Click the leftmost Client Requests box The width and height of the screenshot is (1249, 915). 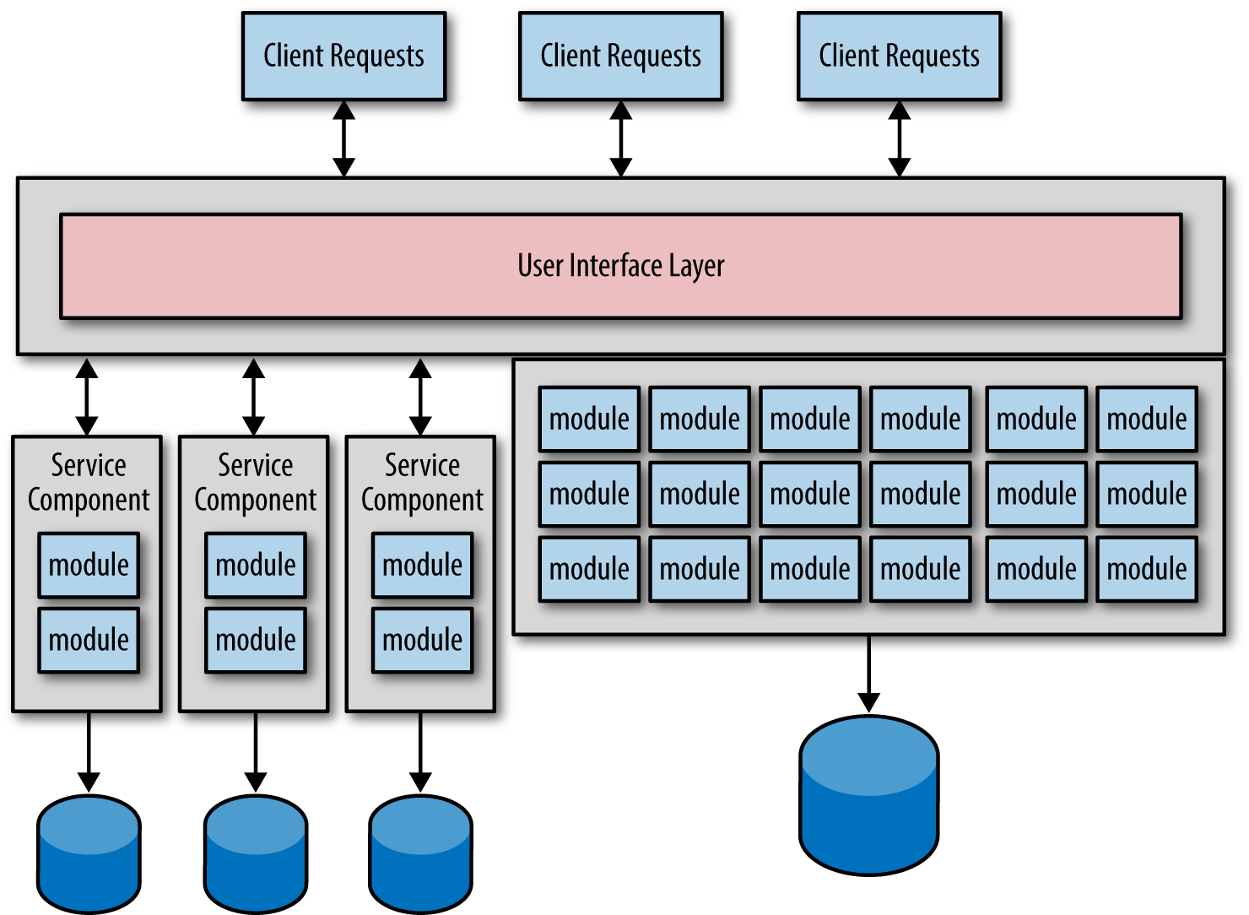pyautogui.click(x=343, y=57)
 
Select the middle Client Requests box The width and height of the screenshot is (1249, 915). pyautogui.click(x=620, y=57)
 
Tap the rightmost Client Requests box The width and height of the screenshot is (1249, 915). pyautogui.click(x=899, y=57)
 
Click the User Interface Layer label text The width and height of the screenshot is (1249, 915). pyautogui.click(x=620, y=265)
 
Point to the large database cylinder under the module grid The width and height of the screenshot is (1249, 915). pyautogui.click(x=868, y=795)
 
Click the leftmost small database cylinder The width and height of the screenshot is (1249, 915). pyautogui.click(x=89, y=854)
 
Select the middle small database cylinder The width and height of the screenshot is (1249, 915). pyautogui.click(x=256, y=854)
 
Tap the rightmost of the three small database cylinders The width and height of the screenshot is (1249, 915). pyautogui.click(x=420, y=854)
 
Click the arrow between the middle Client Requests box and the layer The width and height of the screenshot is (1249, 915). pyautogui.click(x=620, y=138)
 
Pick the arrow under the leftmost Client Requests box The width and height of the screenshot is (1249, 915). pyautogui.click(x=343, y=138)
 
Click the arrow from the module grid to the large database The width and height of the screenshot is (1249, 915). pyautogui.click(x=868, y=674)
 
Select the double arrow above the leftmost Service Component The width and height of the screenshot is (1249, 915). pyautogui.click(x=87, y=397)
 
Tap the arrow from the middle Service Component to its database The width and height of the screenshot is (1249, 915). pyautogui.click(x=256, y=752)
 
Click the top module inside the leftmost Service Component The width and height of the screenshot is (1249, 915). pyautogui.click(x=89, y=565)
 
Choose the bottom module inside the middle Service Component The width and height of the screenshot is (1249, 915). pyautogui.click(x=256, y=640)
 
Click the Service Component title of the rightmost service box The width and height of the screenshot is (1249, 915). pyautogui.click(x=422, y=482)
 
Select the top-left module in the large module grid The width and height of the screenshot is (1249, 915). pyautogui.click(x=589, y=419)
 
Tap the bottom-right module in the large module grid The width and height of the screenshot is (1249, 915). pyautogui.click(x=1146, y=569)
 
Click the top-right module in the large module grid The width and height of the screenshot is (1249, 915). pyautogui.click(x=1146, y=419)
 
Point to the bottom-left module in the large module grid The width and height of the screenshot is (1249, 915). pyautogui.click(x=589, y=569)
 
